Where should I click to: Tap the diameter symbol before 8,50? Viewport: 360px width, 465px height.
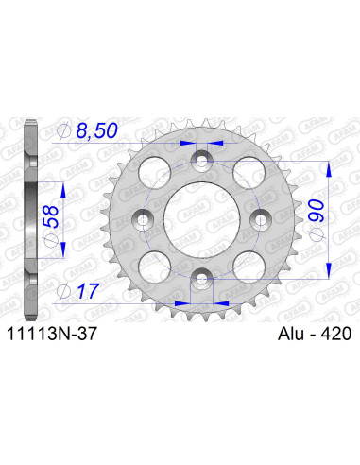[64, 132]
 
